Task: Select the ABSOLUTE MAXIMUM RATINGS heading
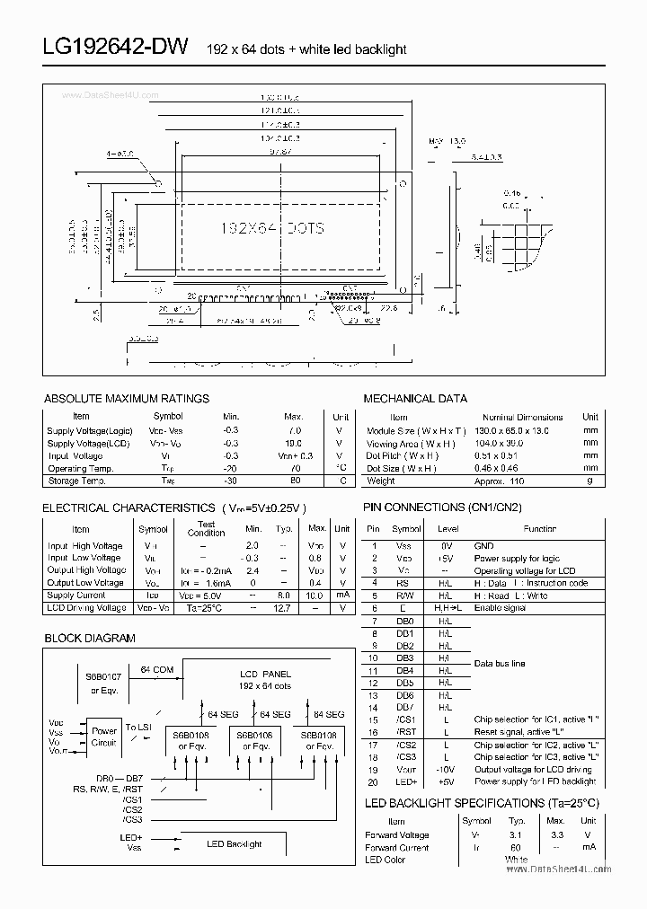[127, 398]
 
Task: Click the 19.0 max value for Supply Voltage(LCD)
[293, 443]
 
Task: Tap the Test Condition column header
[206, 528]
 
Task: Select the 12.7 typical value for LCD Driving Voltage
[285, 608]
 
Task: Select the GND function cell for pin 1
[484, 545]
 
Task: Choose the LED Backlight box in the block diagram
[234, 843]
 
